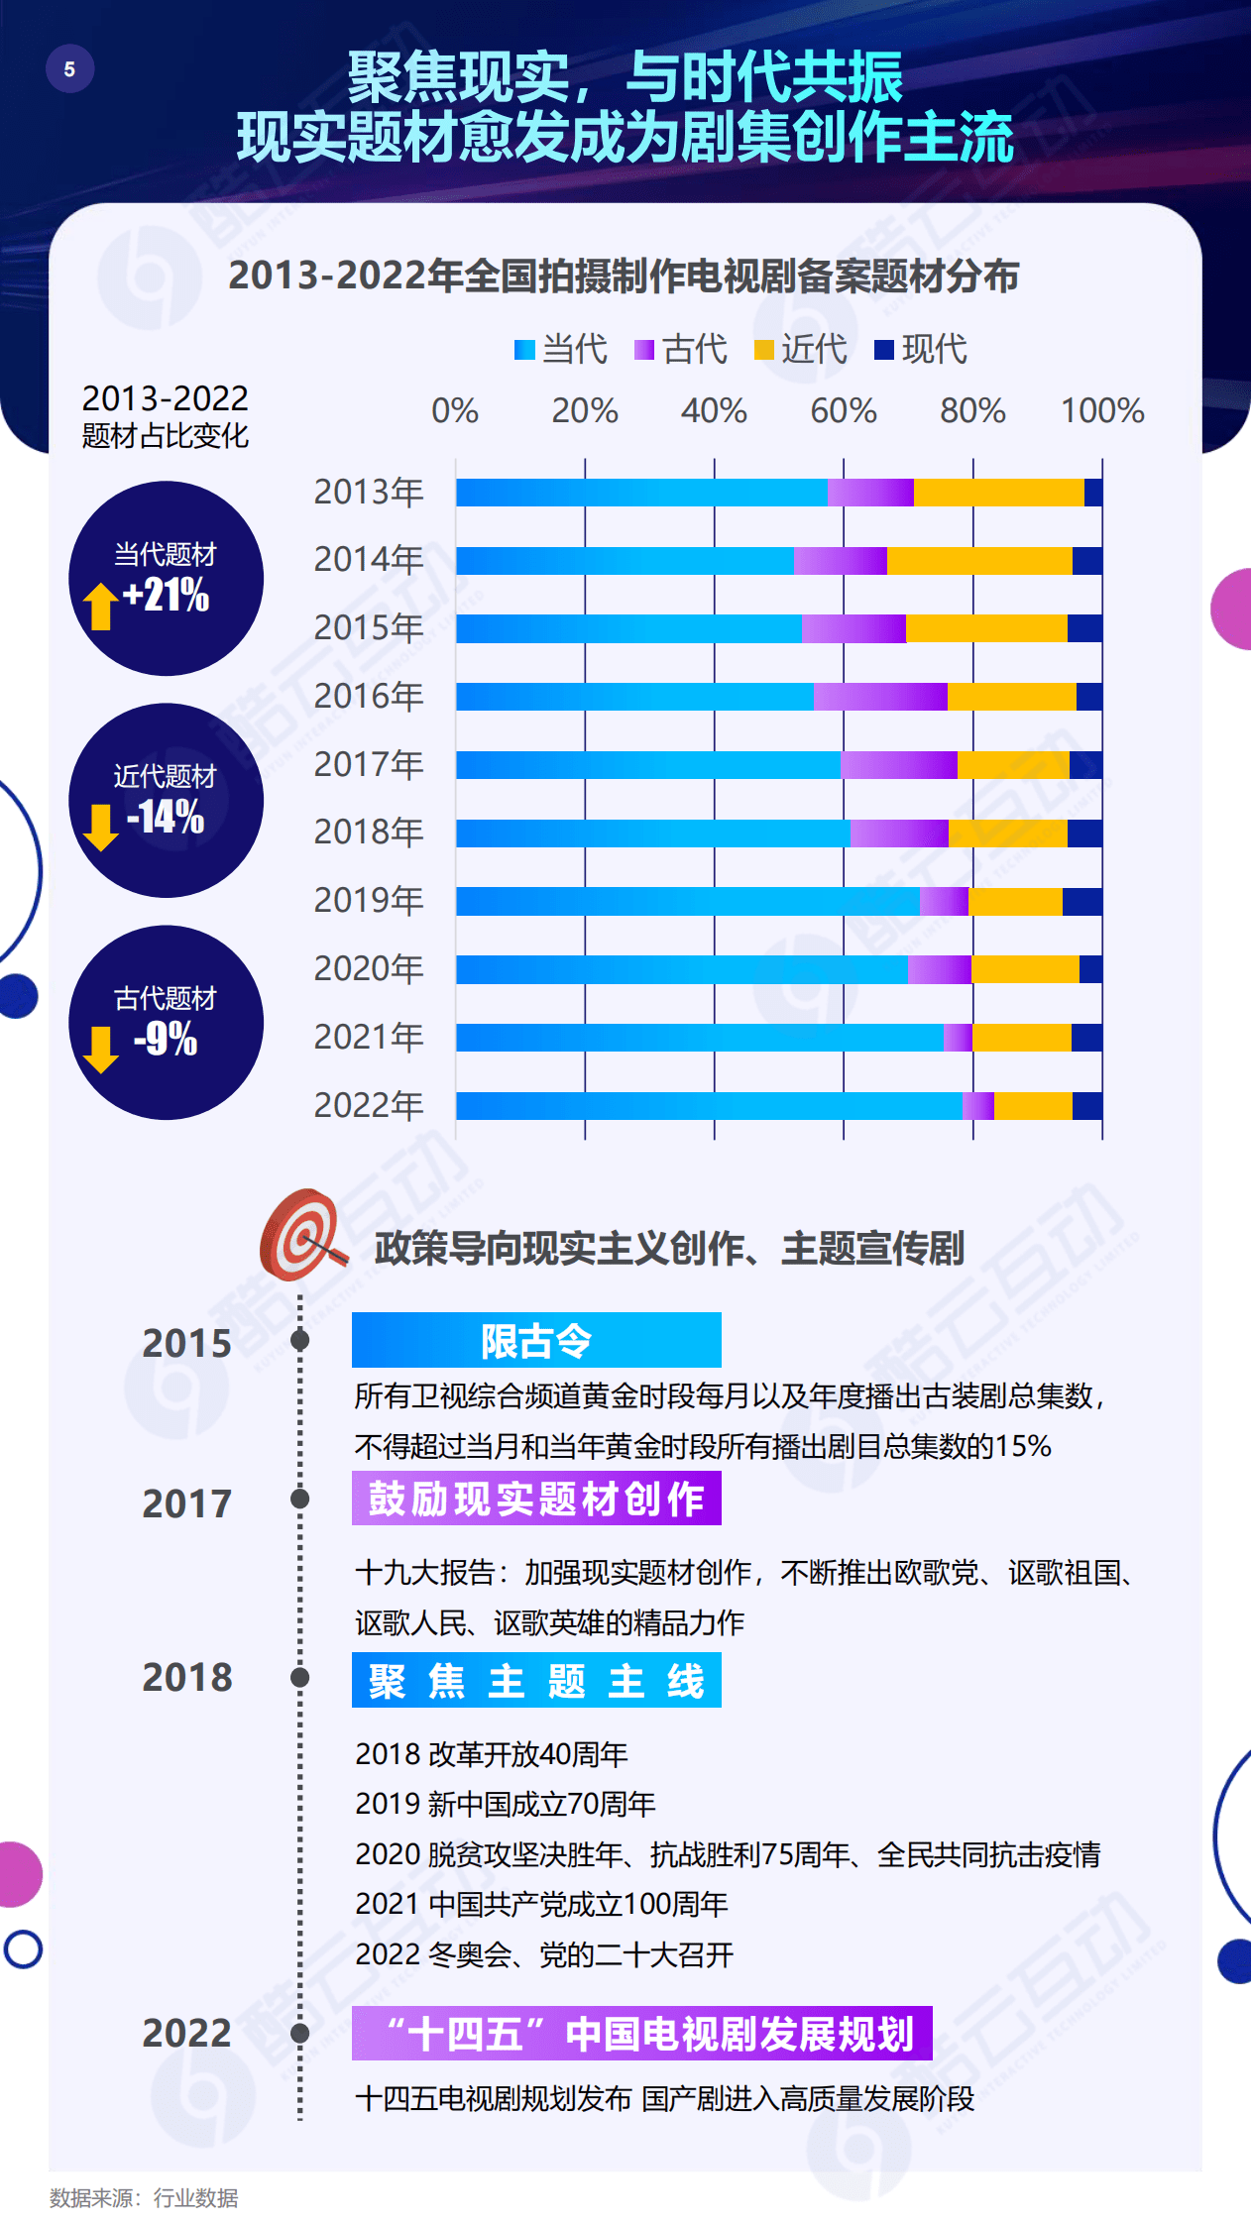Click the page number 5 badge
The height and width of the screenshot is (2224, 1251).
[69, 69]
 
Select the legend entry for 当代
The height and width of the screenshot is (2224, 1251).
[561, 349]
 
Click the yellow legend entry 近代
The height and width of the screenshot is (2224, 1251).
[801, 349]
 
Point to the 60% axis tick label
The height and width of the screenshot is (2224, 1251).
[843, 410]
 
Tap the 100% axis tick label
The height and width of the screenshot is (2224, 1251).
[1102, 410]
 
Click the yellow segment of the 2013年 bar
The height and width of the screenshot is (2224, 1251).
[998, 493]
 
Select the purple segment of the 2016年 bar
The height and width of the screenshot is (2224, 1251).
[880, 697]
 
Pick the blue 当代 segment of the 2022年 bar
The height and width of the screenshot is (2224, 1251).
[709, 1106]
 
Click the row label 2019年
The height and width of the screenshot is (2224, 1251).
[369, 901]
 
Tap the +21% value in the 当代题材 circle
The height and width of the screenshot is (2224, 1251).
[166, 596]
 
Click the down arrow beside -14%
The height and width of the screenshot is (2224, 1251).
[100, 827]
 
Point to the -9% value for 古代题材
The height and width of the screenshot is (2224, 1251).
[166, 1040]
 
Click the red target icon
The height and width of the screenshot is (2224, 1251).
[300, 1235]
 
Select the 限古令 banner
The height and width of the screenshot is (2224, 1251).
[536, 1340]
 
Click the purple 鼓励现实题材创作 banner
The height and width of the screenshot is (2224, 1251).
[536, 1498]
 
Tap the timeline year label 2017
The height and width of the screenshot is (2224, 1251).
[186, 1503]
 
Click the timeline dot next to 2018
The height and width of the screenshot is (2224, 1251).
[299, 1677]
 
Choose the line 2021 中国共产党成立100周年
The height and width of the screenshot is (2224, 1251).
[541, 1904]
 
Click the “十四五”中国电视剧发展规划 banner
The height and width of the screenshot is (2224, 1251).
[641, 2034]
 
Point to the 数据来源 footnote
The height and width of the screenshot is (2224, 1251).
[144, 2198]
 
